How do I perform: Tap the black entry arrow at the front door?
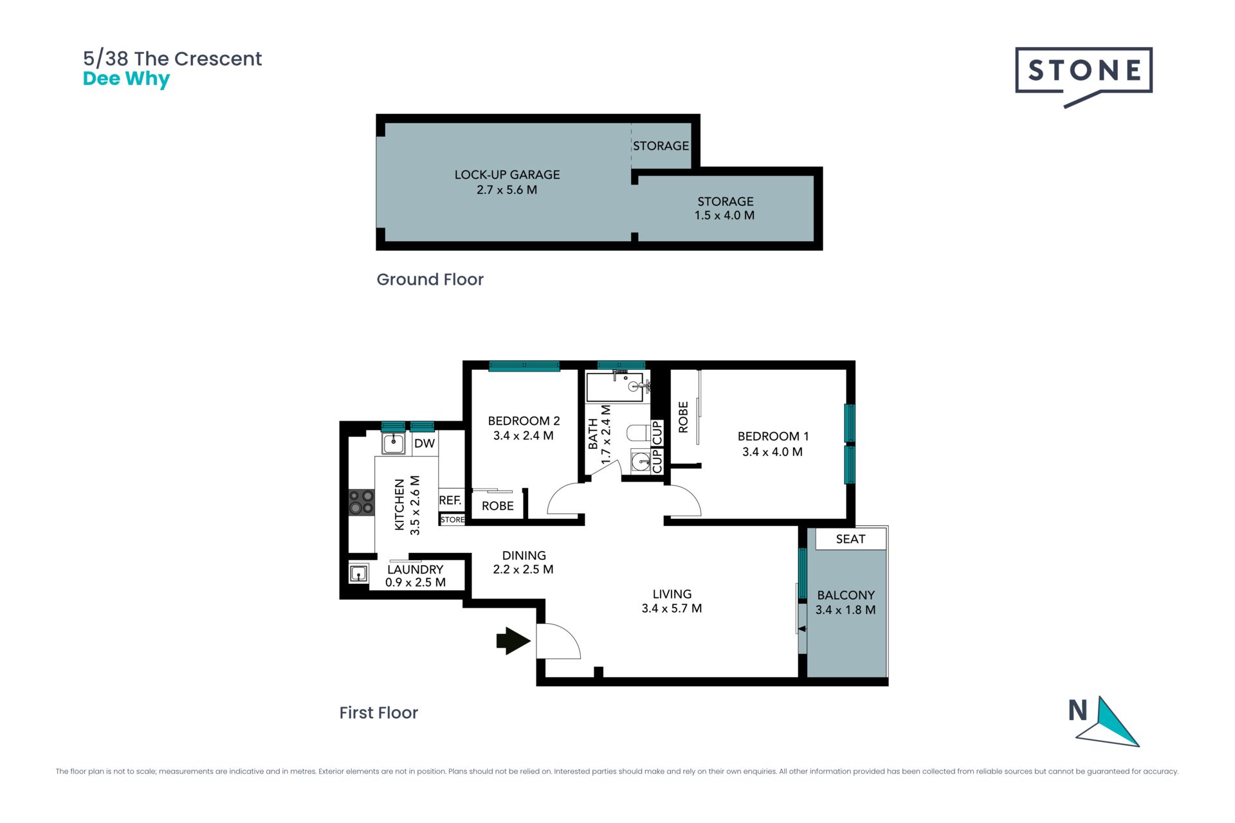coord(513,641)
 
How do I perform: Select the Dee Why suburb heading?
coord(126,79)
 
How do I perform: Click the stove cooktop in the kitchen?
coord(361,502)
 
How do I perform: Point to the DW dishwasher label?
coord(425,443)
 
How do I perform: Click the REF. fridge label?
coord(450,500)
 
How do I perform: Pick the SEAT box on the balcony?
coord(850,539)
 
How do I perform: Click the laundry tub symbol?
coord(358,573)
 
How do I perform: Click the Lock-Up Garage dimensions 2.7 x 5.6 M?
coord(507,190)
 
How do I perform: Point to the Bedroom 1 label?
coord(773,436)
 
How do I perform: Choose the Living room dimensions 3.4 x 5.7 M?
coord(672,608)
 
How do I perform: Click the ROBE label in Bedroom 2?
coord(498,506)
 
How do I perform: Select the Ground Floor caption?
coord(430,280)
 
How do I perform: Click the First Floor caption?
coord(378,712)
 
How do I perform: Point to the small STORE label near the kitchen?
coord(452,520)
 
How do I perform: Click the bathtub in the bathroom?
coord(615,386)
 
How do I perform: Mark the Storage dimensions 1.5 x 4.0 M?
coord(724,215)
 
